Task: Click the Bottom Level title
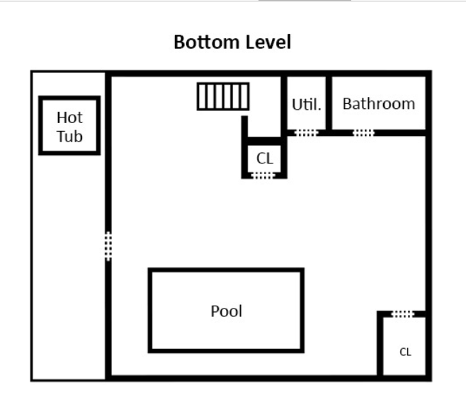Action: point(232,42)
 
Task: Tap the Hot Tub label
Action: point(69,126)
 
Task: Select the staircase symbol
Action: point(223,96)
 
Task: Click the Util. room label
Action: point(307,105)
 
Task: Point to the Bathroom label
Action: point(378,104)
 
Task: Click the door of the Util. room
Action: point(306,132)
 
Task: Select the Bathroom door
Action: point(363,132)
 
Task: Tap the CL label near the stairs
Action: point(265,159)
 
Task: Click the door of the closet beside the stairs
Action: point(263,175)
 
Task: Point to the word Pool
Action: point(227,311)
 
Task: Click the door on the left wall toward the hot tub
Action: point(108,246)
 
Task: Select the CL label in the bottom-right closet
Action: point(405,352)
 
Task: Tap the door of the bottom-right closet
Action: point(402,313)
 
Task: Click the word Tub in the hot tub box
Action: point(69,136)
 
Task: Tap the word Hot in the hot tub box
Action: point(69,117)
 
